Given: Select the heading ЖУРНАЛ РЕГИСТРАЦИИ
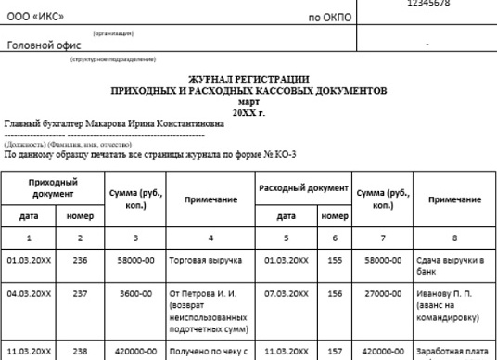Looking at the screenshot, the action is click(248, 81).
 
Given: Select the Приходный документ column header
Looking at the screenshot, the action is click(53, 188).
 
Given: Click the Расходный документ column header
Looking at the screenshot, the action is click(301, 188).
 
